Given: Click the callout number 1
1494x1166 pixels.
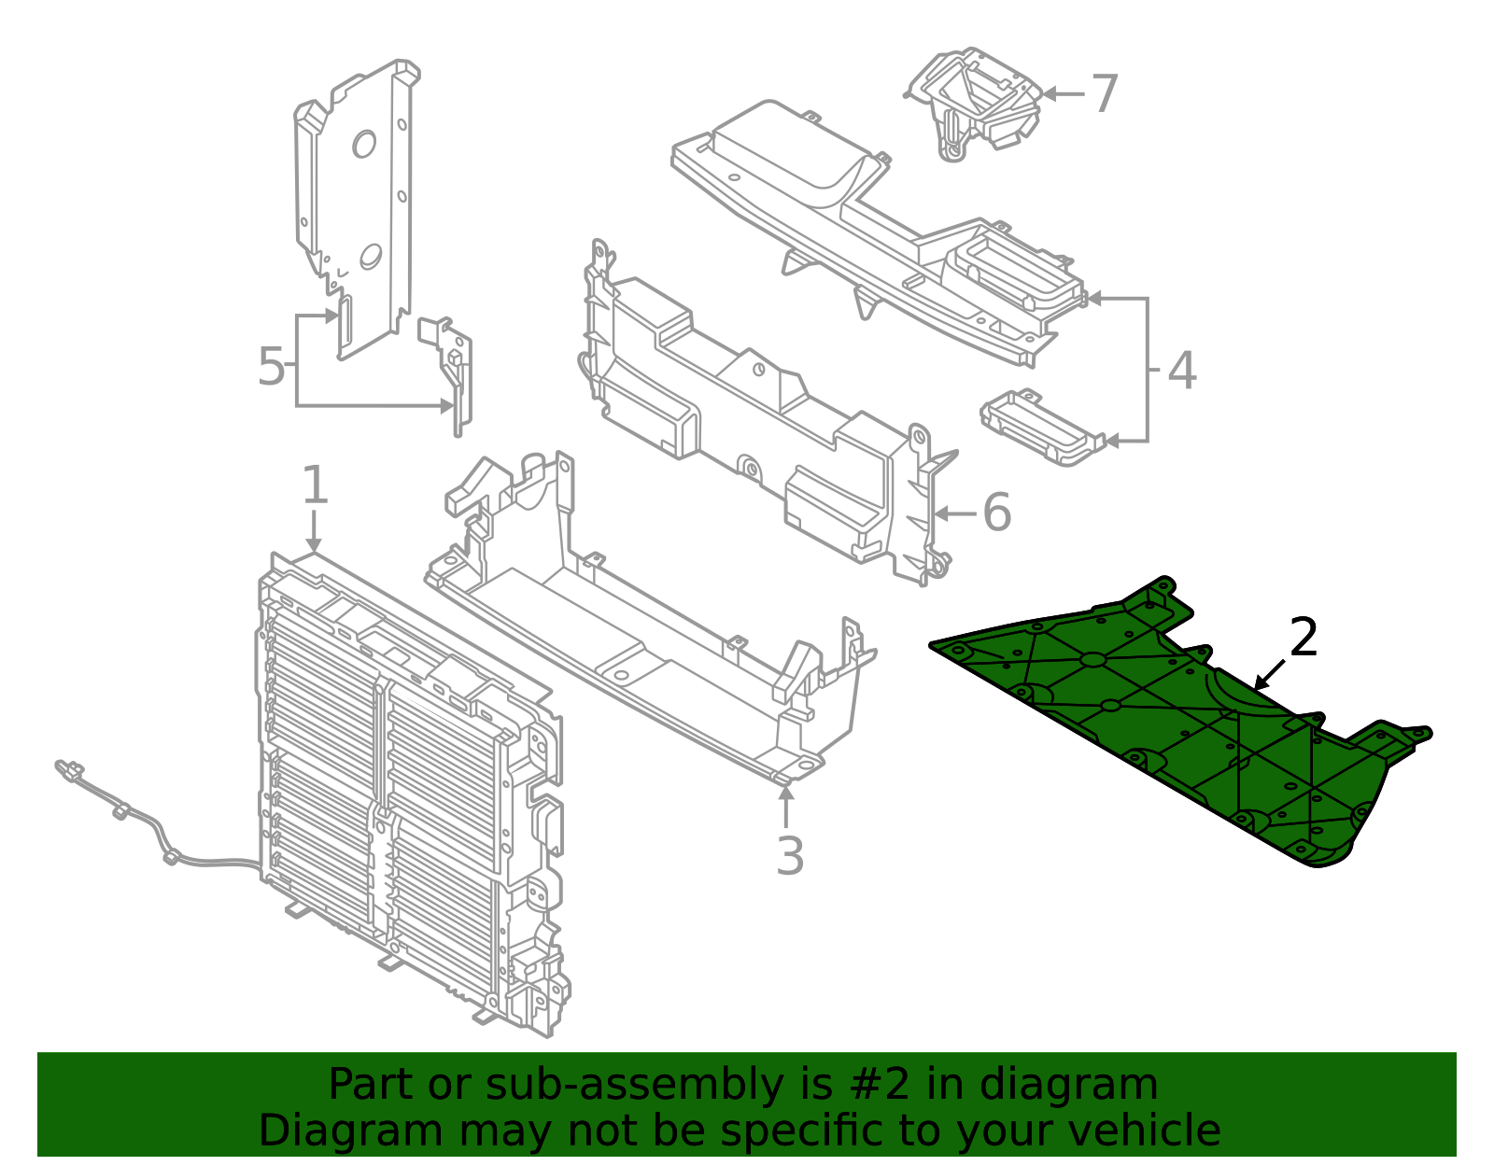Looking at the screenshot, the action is click(315, 485).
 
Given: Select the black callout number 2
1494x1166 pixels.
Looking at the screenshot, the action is click(1304, 637).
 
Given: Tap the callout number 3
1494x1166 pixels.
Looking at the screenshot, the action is click(790, 856).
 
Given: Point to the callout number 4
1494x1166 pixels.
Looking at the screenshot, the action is click(1182, 371).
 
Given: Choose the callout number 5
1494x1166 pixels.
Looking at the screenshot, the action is click(271, 366).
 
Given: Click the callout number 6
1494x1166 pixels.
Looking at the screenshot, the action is click(997, 513).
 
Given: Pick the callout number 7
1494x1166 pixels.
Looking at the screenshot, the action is click(1105, 94).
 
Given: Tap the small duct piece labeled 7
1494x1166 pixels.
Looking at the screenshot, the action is click(973, 103).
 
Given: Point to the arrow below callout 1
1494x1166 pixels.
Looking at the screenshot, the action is click(314, 530).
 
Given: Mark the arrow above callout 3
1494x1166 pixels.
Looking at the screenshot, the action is click(786, 808).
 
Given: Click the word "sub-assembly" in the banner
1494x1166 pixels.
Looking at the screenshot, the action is click(633, 1085).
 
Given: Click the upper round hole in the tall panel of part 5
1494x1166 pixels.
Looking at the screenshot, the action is click(364, 145).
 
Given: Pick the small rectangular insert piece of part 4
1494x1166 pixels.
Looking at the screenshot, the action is click(1043, 428).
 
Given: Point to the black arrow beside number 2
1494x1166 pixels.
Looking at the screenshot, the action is click(1270, 674).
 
